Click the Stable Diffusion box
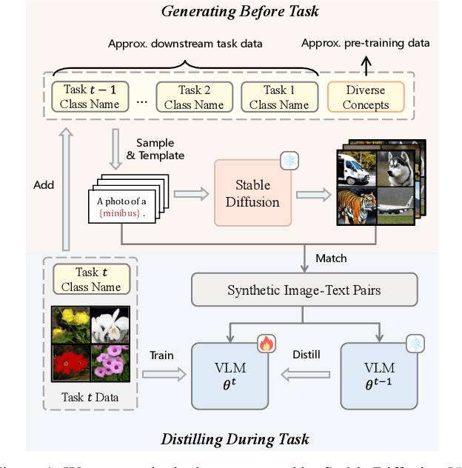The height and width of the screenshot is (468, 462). (x=252, y=193)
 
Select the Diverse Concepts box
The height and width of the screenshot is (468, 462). (x=366, y=97)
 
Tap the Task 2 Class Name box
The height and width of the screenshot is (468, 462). (x=194, y=97)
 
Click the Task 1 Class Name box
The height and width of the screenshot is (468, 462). (x=279, y=97)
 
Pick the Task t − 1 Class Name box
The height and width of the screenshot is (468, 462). (x=90, y=97)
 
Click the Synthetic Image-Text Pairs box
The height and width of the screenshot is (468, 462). (x=304, y=290)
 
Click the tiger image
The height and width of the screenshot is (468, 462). (x=355, y=206)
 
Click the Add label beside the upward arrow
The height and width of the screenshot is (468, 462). (x=44, y=184)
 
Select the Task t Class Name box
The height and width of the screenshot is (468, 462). (x=91, y=279)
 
